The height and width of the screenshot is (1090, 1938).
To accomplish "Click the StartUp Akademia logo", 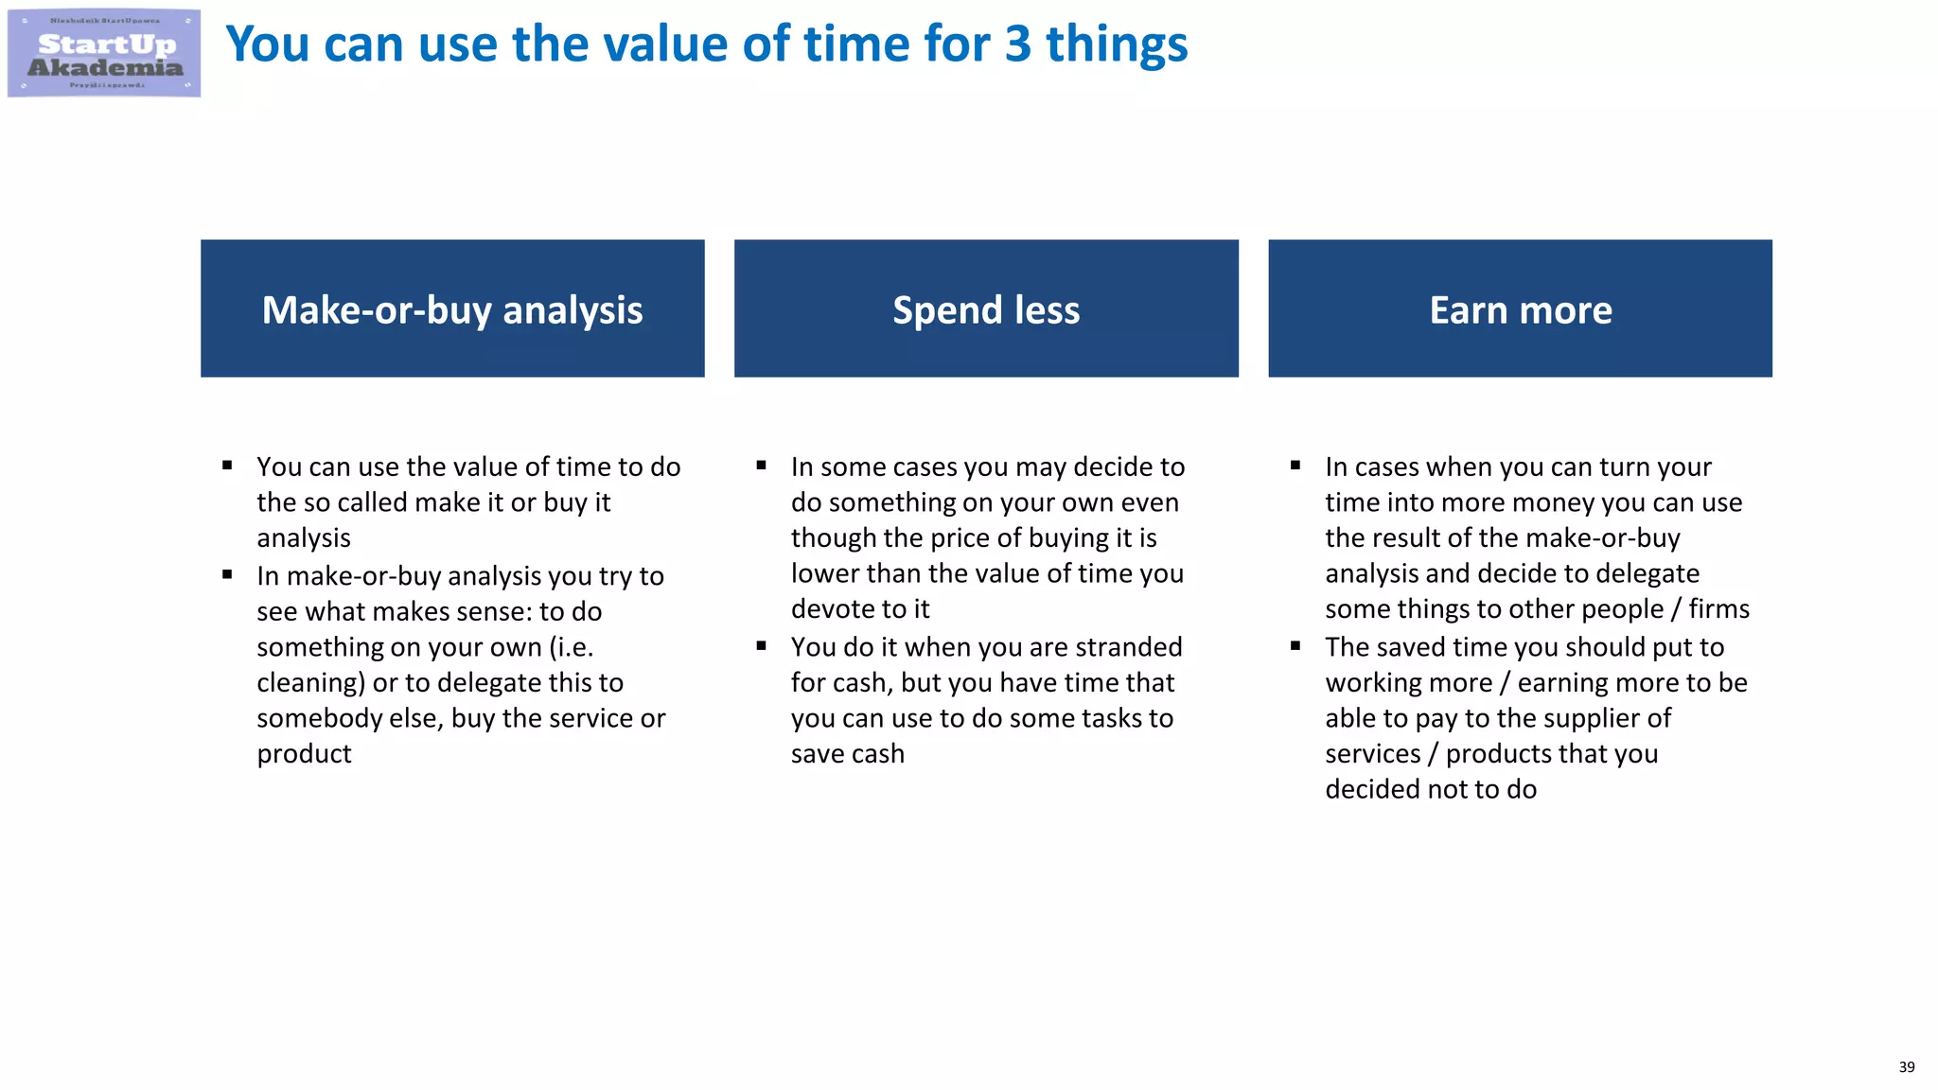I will pyautogui.click(x=104, y=53).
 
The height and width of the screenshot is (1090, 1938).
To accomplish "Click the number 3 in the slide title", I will pyautogui.click(x=1017, y=44).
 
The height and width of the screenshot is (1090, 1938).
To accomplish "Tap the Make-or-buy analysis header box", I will pyautogui.click(x=452, y=308).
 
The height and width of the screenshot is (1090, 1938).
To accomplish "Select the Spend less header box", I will pyautogui.click(x=986, y=308).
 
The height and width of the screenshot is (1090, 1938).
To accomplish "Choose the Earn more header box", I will pyautogui.click(x=1520, y=308).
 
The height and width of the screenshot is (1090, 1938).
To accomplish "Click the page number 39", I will pyautogui.click(x=1906, y=1067).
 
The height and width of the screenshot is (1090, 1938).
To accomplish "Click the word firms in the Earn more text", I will pyautogui.click(x=1718, y=609).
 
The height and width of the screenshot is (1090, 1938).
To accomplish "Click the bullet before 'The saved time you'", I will pyautogui.click(x=1295, y=646).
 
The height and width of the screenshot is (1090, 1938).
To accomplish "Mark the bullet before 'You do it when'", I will pyautogui.click(x=761, y=646).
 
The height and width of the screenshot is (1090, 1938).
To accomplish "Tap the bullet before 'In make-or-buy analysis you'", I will pyautogui.click(x=227, y=574).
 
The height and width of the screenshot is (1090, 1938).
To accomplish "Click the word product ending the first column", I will pyautogui.click(x=304, y=754).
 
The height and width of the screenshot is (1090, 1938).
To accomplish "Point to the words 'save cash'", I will pyautogui.click(x=847, y=754).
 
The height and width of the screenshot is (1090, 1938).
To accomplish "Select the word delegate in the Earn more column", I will pyautogui.click(x=1645, y=574).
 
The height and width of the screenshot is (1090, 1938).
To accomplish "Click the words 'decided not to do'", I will pyautogui.click(x=1430, y=789).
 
